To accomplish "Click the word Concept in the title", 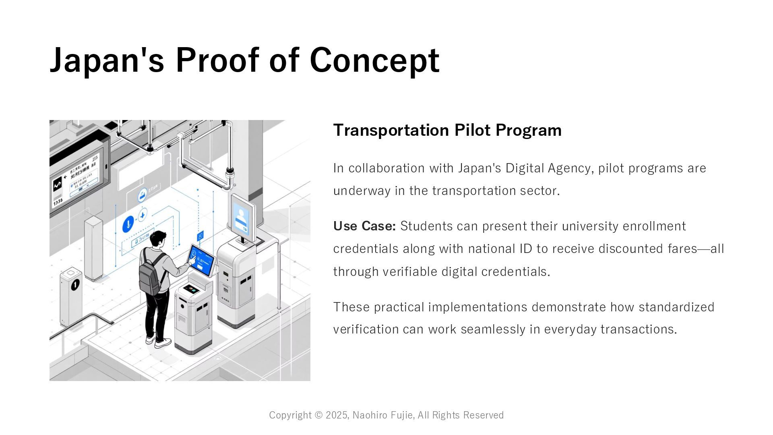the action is coord(374,60).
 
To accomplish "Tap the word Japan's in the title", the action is coord(107,60).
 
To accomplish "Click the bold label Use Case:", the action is coord(364,226).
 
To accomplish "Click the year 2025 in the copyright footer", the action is coord(337,415).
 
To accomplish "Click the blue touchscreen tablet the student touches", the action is coord(202,259).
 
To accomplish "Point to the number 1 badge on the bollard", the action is coord(75,285).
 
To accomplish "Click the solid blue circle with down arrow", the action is coord(128,224).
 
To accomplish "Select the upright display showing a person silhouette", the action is coord(243,217).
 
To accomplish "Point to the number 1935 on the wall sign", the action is coord(58,200).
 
